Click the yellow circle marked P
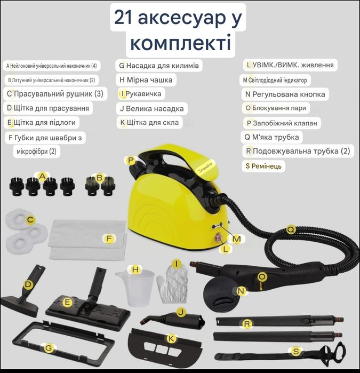point(131,160)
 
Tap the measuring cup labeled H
point(134,285)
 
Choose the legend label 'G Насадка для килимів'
point(159,66)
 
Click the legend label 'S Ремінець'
point(263,166)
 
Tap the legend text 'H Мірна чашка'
point(146,80)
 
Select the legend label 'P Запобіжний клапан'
point(282,123)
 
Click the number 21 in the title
point(123,18)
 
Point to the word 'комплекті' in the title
point(180,43)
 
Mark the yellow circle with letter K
point(172,339)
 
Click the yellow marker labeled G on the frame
point(49,349)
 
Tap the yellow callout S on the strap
point(296,352)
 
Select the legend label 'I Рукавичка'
point(141,94)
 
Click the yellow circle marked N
point(241,291)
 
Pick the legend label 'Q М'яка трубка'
point(271,137)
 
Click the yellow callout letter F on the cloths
point(109,239)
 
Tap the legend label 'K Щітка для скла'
point(149,123)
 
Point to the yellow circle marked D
point(28,285)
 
